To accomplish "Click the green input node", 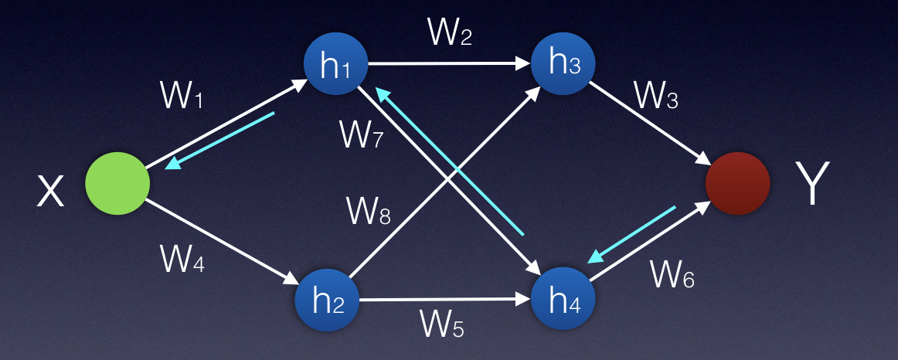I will [x=117, y=183].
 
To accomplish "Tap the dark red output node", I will [x=738, y=183].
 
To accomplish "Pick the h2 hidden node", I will [x=327, y=300].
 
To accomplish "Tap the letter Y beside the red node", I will [x=812, y=184].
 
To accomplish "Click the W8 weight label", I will [x=367, y=209].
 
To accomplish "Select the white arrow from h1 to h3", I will [x=449, y=64].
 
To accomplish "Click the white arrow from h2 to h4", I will [x=445, y=300].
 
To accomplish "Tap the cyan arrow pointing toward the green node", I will [x=220, y=141].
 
